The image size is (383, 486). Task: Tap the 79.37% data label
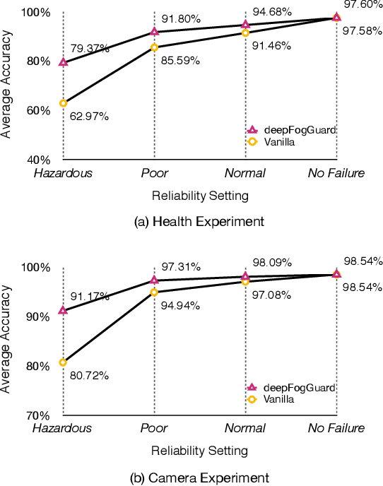[x=90, y=49]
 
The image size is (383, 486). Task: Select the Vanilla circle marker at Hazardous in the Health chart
[x=63, y=103]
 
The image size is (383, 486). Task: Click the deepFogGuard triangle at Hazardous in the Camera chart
[x=63, y=310]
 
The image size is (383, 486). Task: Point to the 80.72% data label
[x=89, y=376]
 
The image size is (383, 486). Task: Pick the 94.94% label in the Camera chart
[x=180, y=306]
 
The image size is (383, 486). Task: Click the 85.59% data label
[x=181, y=61]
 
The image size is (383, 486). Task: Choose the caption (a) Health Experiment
[x=199, y=221]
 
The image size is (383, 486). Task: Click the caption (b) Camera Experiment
[x=199, y=478]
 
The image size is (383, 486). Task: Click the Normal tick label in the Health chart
[x=244, y=173]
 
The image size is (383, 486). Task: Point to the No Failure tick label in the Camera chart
[x=336, y=428]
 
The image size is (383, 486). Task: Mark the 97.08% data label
[x=271, y=295]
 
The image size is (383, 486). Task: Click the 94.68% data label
[x=271, y=11]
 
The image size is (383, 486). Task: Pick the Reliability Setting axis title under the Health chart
[x=199, y=193]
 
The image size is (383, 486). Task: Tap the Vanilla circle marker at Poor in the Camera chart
[x=154, y=292]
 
